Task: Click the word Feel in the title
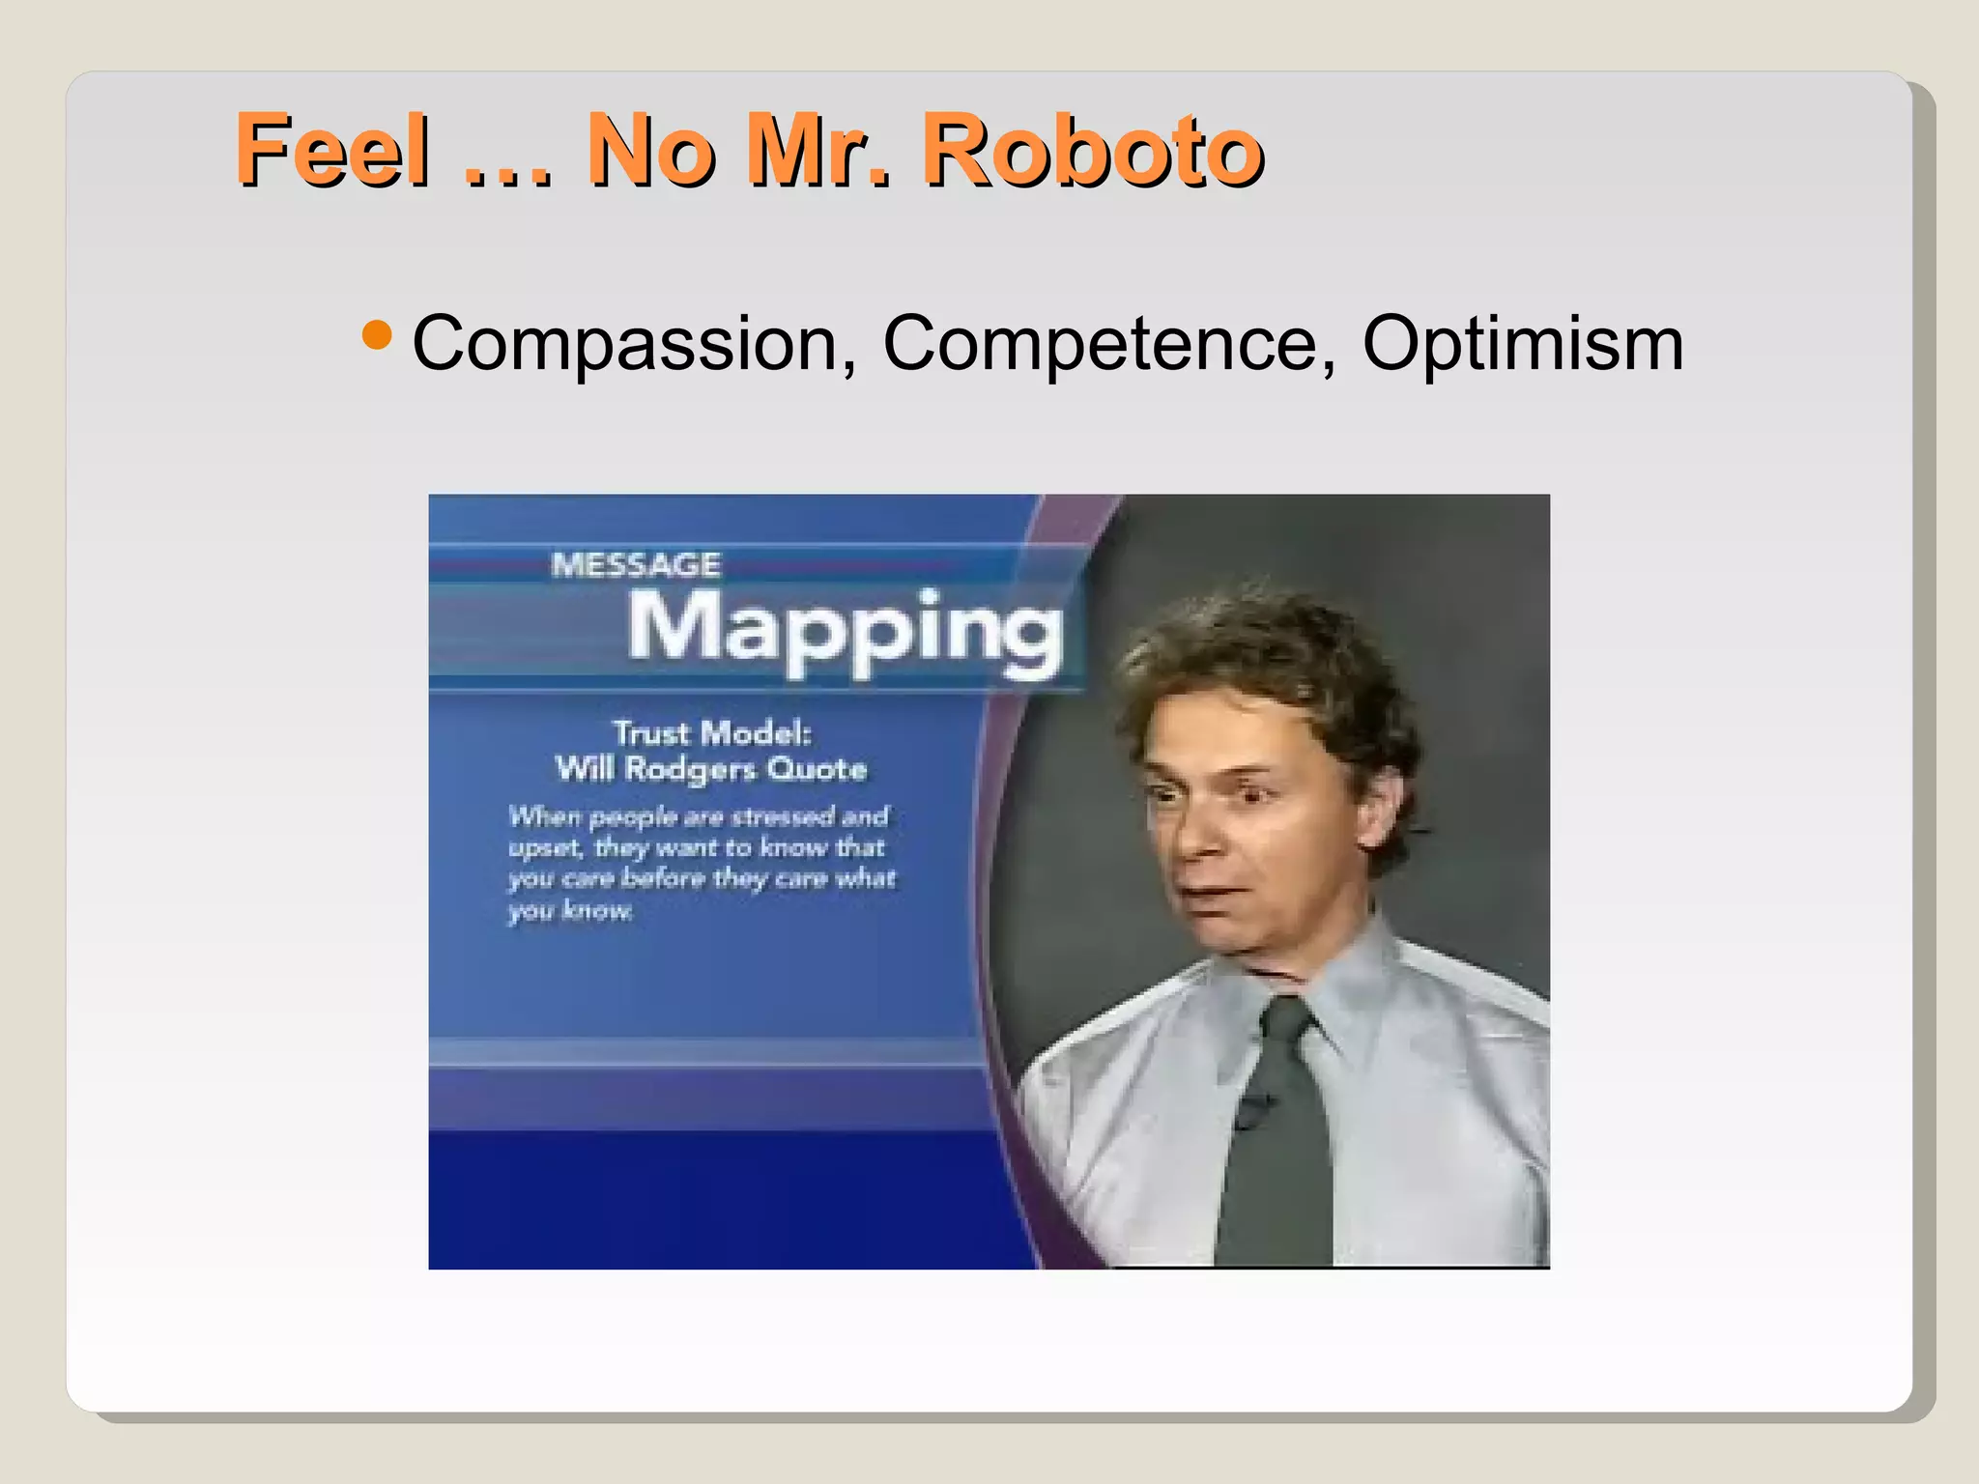pyautogui.click(x=333, y=150)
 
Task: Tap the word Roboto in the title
pyautogui.click(x=1092, y=150)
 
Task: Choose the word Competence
pyautogui.click(x=1109, y=344)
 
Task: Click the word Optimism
pyautogui.click(x=1523, y=344)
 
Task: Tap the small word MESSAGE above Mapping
pyautogui.click(x=636, y=565)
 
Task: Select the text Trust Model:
pyautogui.click(x=712, y=733)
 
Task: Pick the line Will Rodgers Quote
pyautogui.click(x=711, y=769)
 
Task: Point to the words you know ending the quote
pyautogui.click(x=570, y=911)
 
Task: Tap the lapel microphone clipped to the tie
pyautogui.click(x=1252, y=1111)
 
